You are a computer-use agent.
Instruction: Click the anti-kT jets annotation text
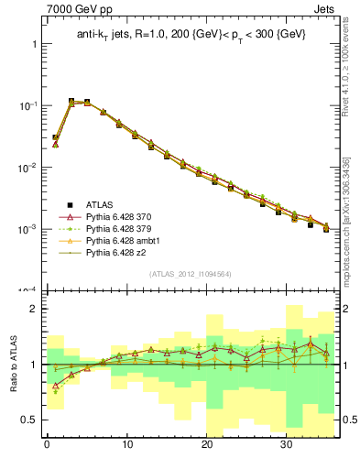(x=191, y=34)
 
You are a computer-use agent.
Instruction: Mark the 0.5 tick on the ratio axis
(x=29, y=420)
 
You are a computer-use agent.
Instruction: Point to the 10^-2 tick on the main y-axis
(x=27, y=168)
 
